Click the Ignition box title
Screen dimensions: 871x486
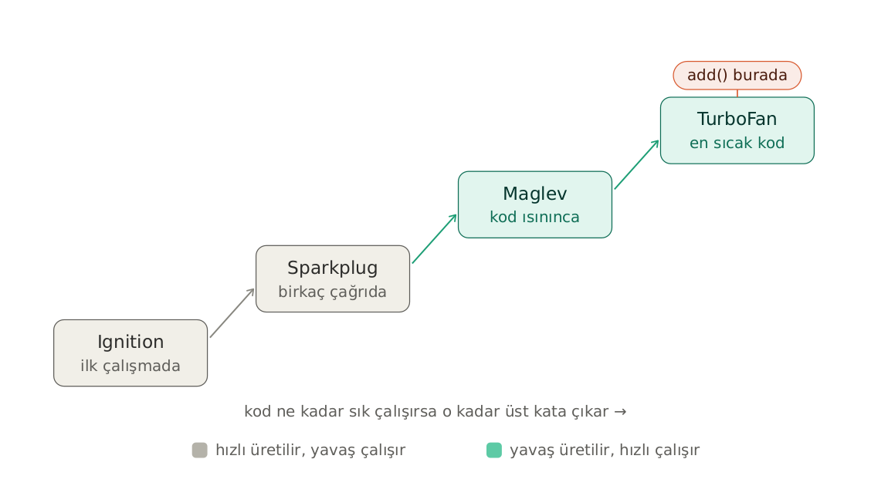pyautogui.click(x=130, y=342)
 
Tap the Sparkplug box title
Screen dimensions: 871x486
pyautogui.click(x=333, y=268)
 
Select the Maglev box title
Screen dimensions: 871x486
pyautogui.click(x=535, y=194)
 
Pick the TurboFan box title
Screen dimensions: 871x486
pyautogui.click(x=737, y=119)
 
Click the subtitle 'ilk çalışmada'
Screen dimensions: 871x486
pyautogui.click(x=130, y=366)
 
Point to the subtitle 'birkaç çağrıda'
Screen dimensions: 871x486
pyautogui.click(x=333, y=292)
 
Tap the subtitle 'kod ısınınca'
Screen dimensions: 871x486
pyautogui.click(x=535, y=217)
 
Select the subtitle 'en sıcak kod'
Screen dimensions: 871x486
pyautogui.click(x=737, y=143)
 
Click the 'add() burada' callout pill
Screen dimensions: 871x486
pyautogui.click(x=737, y=76)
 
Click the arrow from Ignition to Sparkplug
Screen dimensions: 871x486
pyautogui.click(x=232, y=313)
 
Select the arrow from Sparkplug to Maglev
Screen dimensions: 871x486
pyautogui.click(x=435, y=238)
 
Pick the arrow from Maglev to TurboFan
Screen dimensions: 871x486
pyautogui.click(x=636, y=165)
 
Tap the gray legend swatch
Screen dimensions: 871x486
pyautogui.click(x=199, y=450)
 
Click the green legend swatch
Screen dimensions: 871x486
pyautogui.click(x=494, y=450)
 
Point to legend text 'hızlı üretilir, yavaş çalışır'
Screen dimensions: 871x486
pyautogui.click(x=310, y=450)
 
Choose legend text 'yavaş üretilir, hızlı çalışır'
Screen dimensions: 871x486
pyautogui.click(x=605, y=450)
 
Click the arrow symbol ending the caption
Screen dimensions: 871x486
pyautogui.click(x=621, y=412)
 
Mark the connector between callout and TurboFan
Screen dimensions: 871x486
pyautogui.click(x=737, y=93)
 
